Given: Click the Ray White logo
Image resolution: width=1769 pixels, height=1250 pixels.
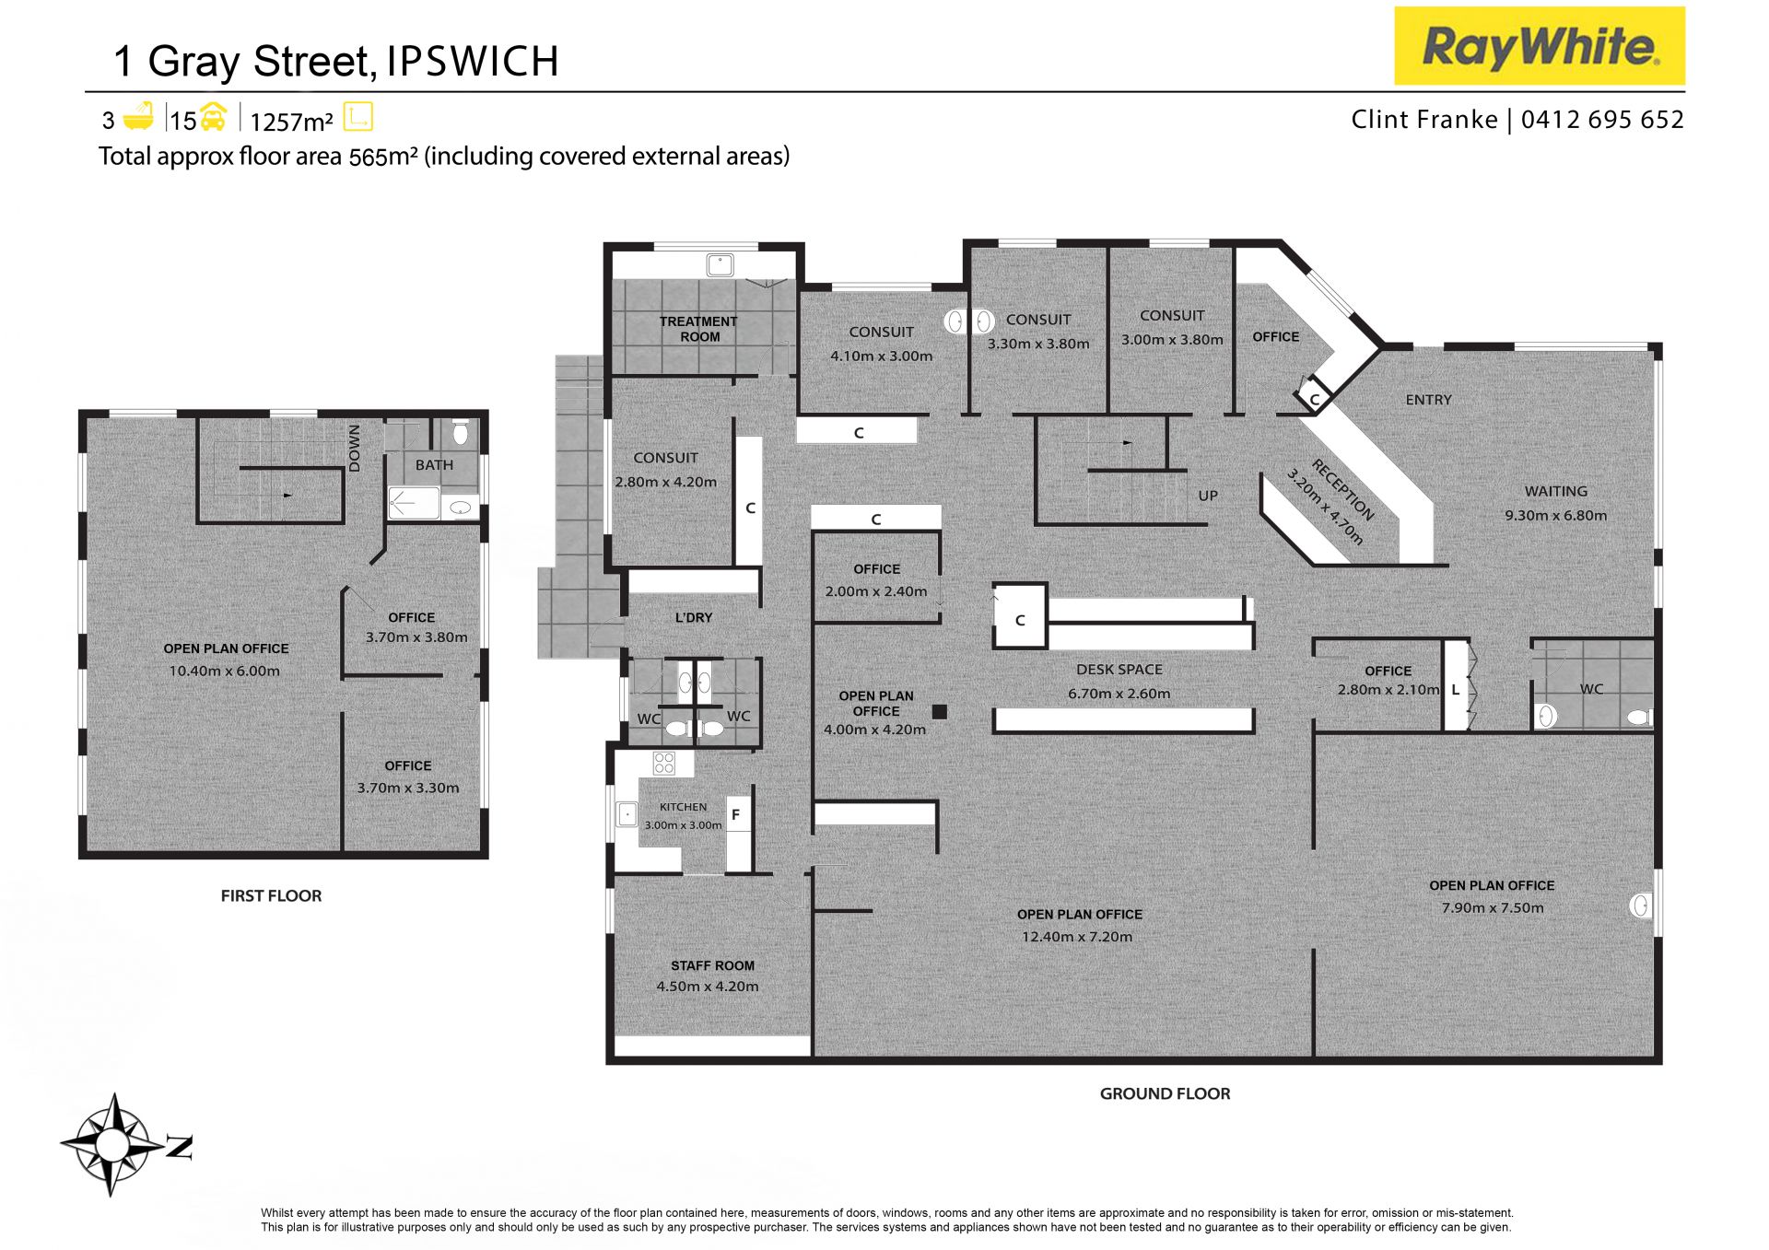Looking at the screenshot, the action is coord(1539,46).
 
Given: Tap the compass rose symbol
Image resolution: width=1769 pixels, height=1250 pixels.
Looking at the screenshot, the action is coord(112,1145).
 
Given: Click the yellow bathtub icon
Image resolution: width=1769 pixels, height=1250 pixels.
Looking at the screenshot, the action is coord(138,116).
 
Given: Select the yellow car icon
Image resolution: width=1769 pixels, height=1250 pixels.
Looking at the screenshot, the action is coord(213,117).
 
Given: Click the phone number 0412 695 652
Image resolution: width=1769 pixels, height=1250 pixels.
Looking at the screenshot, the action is coord(1602,120).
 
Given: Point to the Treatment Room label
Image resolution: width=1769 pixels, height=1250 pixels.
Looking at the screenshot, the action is coord(698,329).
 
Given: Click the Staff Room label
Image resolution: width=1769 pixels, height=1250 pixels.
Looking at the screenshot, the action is coord(712,965).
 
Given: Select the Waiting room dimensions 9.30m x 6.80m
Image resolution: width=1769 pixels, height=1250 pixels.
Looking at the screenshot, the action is coord(1555,516).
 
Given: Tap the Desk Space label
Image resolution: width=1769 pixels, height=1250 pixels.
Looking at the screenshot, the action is coord(1119,670).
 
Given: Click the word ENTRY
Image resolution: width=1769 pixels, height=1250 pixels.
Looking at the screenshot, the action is coord(1428,400).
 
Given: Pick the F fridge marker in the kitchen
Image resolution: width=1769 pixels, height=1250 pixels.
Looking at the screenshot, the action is coord(735,814).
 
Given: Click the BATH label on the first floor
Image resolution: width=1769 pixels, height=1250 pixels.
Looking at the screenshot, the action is coord(434,465).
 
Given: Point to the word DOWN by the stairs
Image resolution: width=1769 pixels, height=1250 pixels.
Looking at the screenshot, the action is coord(355,449).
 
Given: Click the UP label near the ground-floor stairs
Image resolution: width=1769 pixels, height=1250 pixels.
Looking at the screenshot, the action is coord(1208,496).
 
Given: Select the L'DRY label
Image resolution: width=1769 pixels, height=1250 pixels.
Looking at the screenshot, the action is coord(693,617).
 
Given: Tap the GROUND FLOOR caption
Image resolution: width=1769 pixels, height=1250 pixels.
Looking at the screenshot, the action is coord(1165,1093).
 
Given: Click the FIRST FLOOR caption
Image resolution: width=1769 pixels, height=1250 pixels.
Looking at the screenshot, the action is coord(271,895).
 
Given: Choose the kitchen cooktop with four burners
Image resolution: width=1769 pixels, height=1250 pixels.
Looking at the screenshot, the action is coord(664,763).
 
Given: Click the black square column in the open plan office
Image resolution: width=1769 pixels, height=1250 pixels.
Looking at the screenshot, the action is coord(939,711).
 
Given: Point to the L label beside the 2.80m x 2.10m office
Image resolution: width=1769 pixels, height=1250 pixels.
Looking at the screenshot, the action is coord(1456,689).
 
